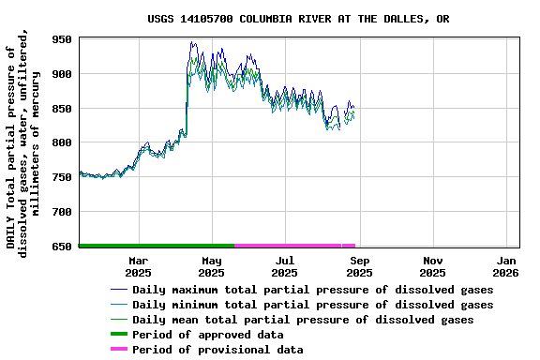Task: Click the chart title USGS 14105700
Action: coord(297,19)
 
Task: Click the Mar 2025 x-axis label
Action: coord(138,266)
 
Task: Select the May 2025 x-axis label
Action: coord(211,266)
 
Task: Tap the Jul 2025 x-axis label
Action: coord(284,266)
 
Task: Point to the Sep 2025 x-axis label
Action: coord(359,266)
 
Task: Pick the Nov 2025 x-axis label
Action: coord(432,266)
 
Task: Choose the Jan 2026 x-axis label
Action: coord(506,266)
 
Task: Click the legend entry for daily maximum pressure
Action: coord(312,290)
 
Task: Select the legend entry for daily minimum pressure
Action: coord(312,305)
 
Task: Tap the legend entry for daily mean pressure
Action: coord(303,320)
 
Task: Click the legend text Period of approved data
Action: coord(207,335)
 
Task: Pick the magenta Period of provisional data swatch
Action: coord(118,350)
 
